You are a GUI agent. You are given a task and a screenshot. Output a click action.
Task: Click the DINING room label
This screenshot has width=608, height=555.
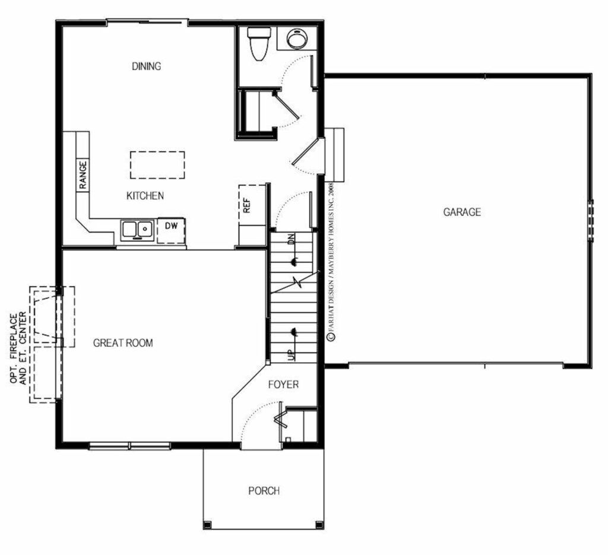tap(147, 66)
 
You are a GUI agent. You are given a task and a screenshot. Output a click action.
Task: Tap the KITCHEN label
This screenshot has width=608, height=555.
tap(145, 196)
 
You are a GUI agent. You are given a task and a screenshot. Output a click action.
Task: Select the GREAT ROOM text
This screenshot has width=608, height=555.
tap(123, 342)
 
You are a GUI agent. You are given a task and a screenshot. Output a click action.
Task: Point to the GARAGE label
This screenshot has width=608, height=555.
tap(462, 212)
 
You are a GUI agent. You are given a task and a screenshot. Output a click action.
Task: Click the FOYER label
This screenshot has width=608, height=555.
tap(283, 385)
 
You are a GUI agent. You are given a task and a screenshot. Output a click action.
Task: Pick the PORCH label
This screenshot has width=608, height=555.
tap(264, 491)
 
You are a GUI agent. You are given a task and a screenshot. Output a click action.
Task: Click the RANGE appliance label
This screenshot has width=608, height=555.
tap(83, 175)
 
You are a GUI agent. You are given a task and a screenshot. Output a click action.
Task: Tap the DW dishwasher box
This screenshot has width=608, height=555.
tap(171, 231)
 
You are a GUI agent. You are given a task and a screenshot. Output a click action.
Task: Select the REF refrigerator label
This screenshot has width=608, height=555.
tap(246, 205)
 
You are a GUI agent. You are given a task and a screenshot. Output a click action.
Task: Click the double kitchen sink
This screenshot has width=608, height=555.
tap(137, 230)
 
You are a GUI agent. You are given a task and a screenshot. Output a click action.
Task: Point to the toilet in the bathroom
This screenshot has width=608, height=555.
tap(259, 44)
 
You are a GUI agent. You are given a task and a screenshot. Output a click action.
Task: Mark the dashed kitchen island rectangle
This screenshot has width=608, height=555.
tap(157, 165)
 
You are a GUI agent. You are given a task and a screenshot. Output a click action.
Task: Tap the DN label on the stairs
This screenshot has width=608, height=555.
tap(292, 239)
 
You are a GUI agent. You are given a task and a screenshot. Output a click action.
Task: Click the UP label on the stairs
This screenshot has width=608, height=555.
tap(292, 354)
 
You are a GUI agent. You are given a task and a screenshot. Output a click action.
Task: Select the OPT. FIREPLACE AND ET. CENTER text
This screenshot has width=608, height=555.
tap(18, 348)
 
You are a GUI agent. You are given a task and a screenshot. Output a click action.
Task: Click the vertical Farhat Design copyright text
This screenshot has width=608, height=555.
tap(331, 262)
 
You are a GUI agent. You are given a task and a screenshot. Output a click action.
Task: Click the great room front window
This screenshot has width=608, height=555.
tap(129, 446)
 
